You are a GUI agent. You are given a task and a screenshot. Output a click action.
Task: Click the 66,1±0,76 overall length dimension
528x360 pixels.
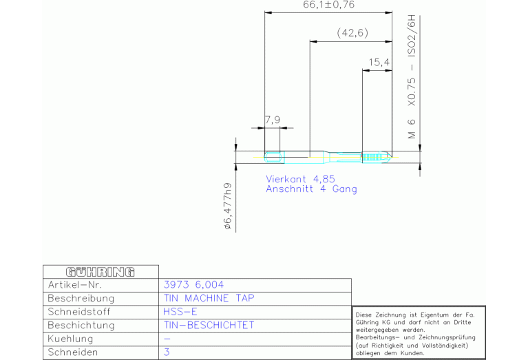pos(328,5)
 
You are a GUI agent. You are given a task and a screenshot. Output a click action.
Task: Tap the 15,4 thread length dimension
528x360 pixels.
pos(379,63)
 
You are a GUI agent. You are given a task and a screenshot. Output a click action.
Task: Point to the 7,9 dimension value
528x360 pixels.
pos(273,120)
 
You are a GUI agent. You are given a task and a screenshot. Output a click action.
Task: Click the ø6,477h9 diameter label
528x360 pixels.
pos(228,206)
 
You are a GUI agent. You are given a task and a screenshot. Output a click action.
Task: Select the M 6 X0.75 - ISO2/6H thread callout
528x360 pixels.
pos(412,77)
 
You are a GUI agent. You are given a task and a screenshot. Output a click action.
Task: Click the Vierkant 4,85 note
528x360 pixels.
pos(300,179)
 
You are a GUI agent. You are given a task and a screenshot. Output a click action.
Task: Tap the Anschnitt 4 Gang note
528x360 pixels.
pos(311,189)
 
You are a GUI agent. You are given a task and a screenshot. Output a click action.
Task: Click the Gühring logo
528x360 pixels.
pos(101,272)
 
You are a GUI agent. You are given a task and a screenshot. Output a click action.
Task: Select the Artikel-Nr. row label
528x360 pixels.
pos(75,285)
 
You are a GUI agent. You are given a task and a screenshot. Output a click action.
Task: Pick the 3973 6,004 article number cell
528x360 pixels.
pos(193,285)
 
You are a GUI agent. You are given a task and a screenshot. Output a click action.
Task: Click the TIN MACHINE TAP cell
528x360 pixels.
pos(209,298)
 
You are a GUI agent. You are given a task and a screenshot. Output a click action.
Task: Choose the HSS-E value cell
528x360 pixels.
pos(180,312)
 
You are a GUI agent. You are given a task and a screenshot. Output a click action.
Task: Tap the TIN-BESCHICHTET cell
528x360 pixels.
pos(209,326)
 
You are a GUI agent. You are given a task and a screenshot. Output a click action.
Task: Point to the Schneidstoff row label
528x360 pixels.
pos(79,312)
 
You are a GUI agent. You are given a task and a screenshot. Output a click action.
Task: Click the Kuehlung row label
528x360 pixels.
pos(70,339)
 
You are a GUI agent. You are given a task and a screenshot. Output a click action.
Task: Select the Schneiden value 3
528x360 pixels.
pos(167,352)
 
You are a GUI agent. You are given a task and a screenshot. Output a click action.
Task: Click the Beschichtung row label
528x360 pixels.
pos(81,326)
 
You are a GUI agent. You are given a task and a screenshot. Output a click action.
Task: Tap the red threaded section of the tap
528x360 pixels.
pos(370,157)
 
